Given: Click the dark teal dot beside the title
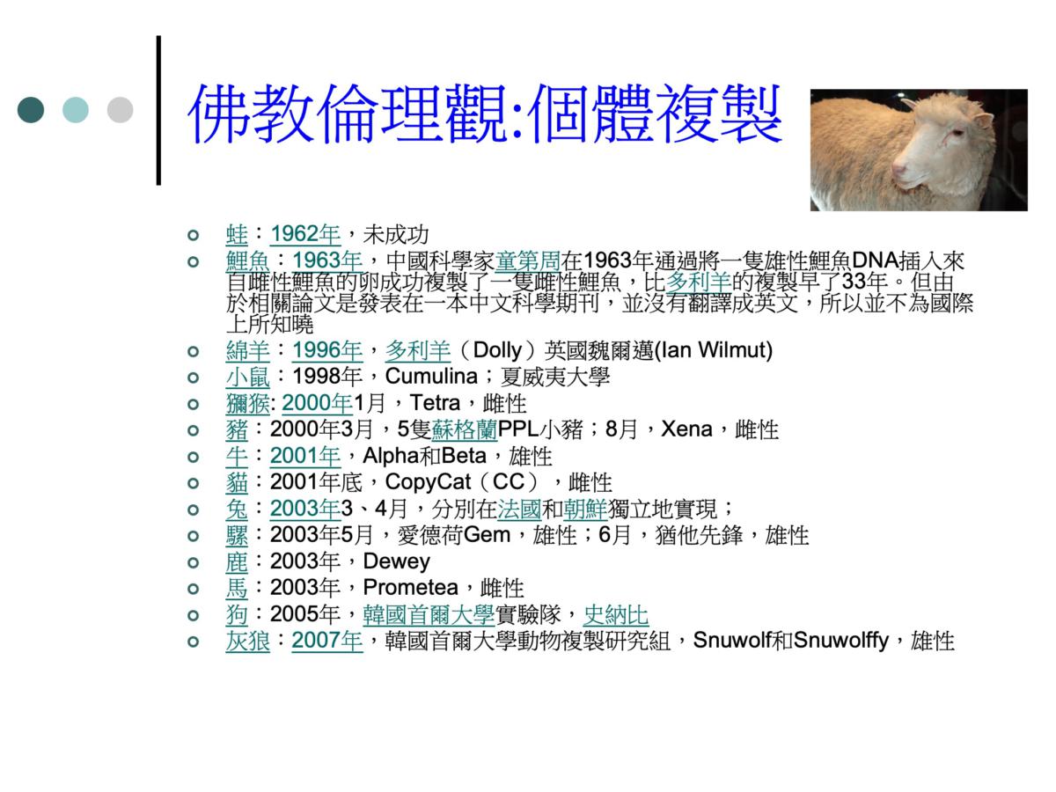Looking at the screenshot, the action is pyautogui.click(x=31, y=110).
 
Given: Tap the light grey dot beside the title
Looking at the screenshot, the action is pyautogui.click(x=121, y=110).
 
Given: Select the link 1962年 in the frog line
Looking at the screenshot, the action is pyautogui.click(x=305, y=234).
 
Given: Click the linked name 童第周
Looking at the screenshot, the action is pyautogui.click(x=528, y=260).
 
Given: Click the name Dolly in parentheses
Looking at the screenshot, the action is pyautogui.click(x=497, y=350).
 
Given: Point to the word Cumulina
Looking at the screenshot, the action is pyautogui.click(x=431, y=376).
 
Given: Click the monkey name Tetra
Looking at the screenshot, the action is pyautogui.click(x=435, y=402).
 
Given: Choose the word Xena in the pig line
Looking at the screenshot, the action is pyautogui.click(x=686, y=429).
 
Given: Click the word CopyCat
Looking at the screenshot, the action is pyautogui.click(x=428, y=482).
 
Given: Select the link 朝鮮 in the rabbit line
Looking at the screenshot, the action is pyautogui.click(x=585, y=509).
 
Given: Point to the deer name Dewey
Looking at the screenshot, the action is pyautogui.click(x=396, y=561).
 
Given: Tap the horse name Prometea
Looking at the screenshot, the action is pyautogui.click(x=410, y=587).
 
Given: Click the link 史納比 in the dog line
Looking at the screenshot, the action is pyautogui.click(x=616, y=614).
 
